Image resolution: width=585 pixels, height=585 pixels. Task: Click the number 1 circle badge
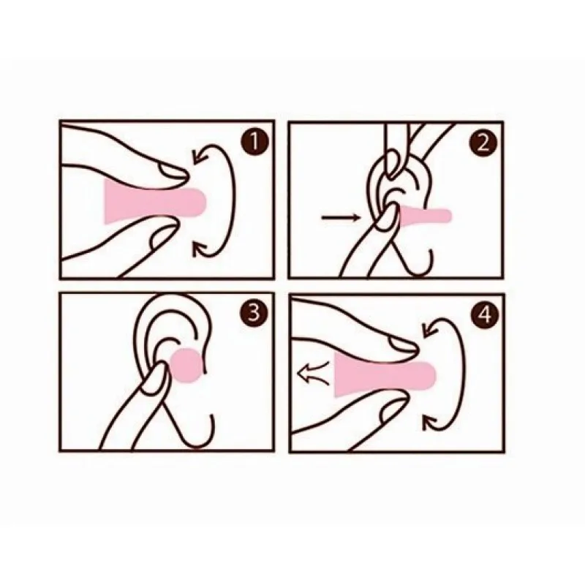coord(254,142)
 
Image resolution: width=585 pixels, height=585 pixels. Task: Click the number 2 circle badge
coord(483,143)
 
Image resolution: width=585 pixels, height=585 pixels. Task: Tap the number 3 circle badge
coord(254,312)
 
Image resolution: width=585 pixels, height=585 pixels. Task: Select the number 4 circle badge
coord(485,314)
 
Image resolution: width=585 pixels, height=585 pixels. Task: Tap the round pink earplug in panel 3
coord(186,366)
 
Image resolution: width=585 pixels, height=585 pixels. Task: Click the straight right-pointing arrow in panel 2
coord(341,217)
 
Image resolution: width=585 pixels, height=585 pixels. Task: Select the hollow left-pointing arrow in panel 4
coord(314,373)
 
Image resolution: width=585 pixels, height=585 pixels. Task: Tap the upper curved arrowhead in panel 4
coord(429,328)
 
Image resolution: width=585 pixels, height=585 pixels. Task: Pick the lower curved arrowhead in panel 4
coord(429,423)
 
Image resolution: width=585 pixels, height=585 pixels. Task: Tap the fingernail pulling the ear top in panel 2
coord(392,161)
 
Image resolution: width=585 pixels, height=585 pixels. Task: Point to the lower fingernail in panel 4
coord(392,409)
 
